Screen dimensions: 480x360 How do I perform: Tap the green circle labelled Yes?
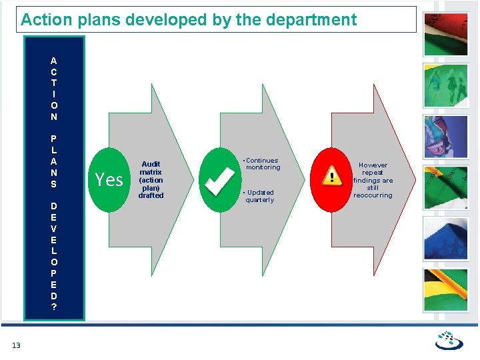click(x=109, y=179)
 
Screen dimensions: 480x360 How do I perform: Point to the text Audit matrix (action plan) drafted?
click(x=151, y=179)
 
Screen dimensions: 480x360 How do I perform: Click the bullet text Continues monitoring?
click(x=262, y=164)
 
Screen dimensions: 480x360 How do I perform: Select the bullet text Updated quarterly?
click(x=260, y=196)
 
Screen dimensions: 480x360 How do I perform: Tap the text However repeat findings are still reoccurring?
click(x=373, y=180)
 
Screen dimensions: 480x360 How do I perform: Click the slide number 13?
click(x=16, y=345)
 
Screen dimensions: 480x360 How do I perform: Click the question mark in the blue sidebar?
click(x=54, y=307)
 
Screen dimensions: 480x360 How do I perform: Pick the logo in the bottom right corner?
click(x=449, y=341)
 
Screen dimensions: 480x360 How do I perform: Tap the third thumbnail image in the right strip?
click(x=445, y=137)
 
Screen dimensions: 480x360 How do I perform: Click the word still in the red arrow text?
click(x=373, y=187)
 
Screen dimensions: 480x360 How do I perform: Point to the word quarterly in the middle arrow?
click(x=260, y=200)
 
